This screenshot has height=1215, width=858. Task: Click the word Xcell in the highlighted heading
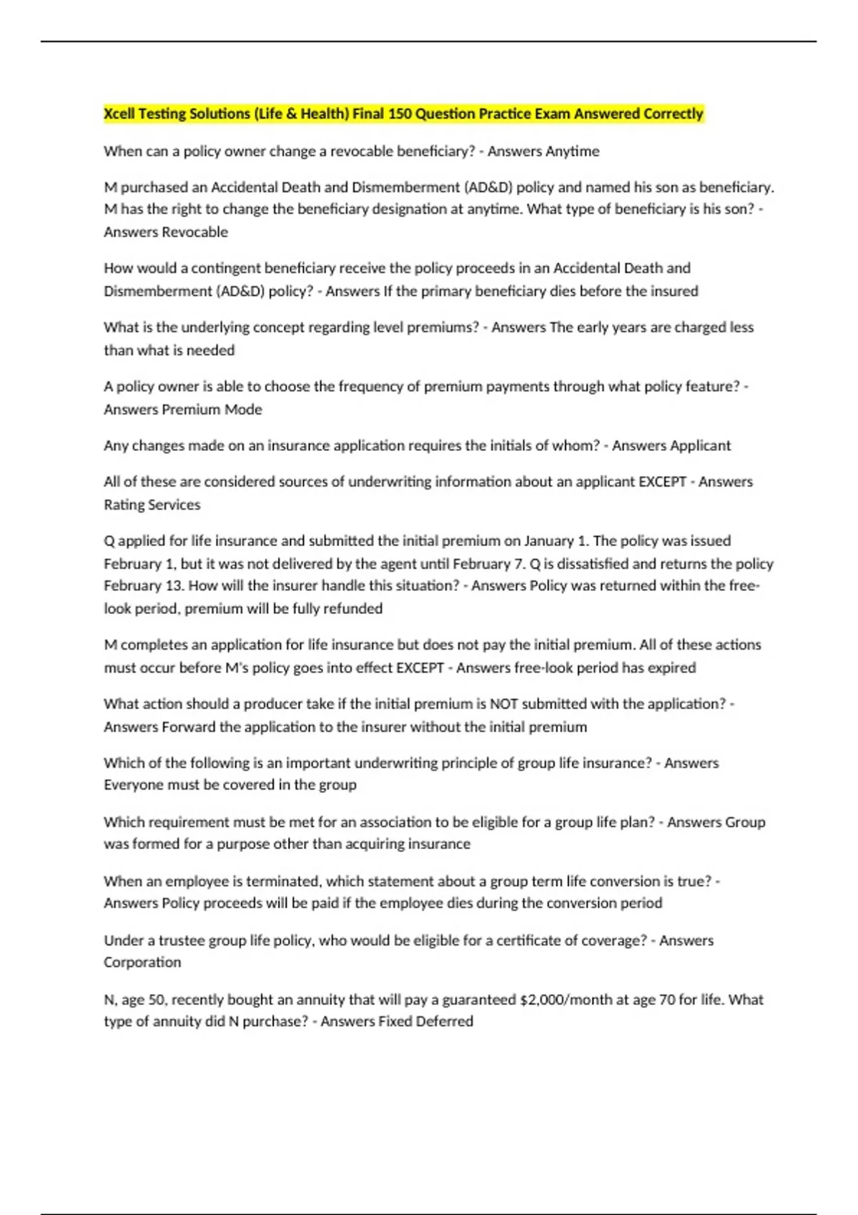coord(119,114)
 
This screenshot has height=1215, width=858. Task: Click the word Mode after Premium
coord(244,410)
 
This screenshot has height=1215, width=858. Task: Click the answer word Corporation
coord(142,962)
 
